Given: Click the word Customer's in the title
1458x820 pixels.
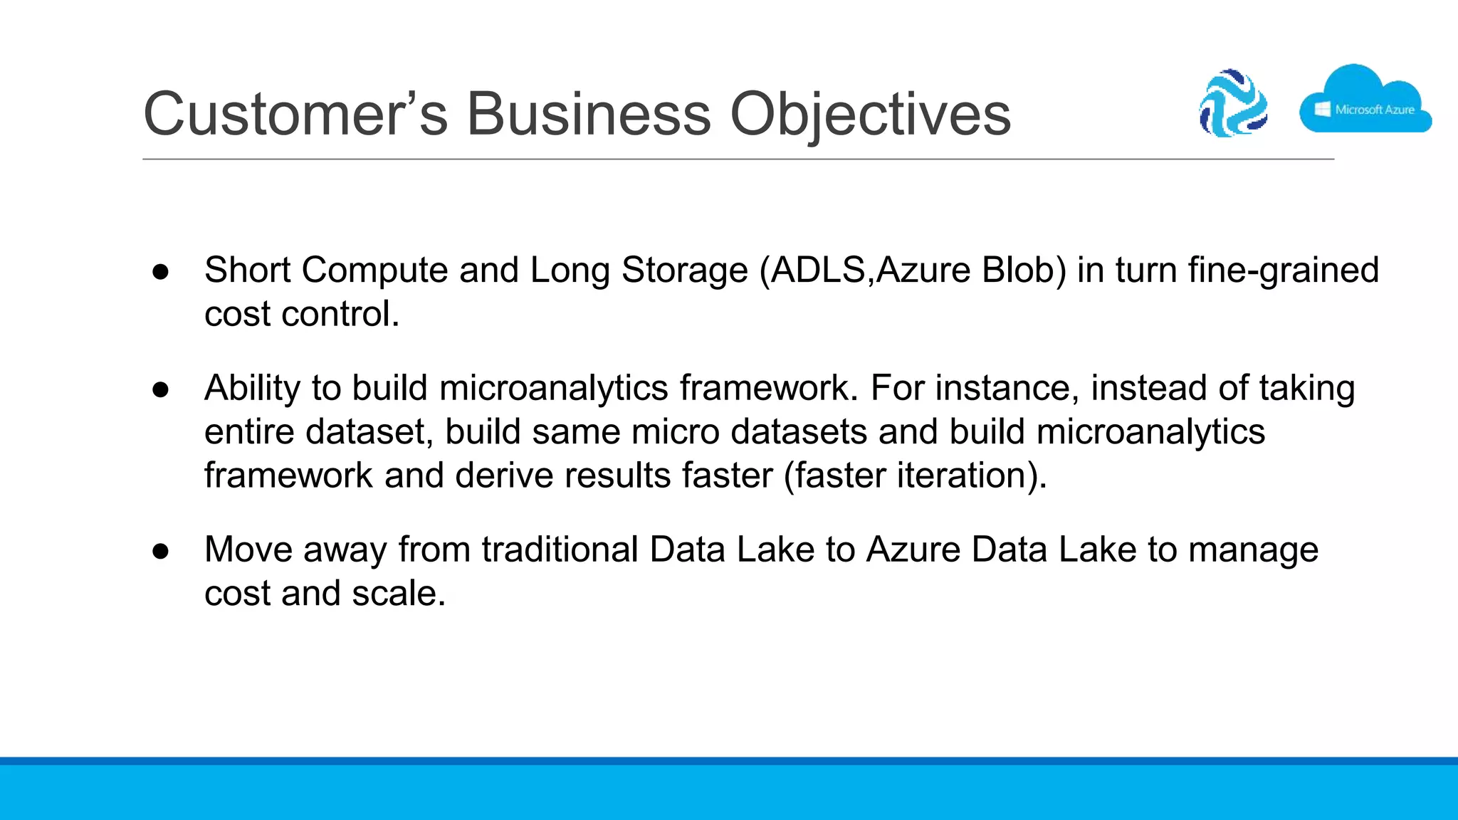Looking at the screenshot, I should [295, 114].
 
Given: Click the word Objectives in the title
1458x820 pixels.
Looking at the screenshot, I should [870, 114].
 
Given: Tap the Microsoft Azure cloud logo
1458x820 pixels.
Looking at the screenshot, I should [1364, 103].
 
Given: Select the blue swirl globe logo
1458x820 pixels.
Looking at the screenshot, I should [1233, 103].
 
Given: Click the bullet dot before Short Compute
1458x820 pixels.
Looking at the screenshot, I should [161, 271].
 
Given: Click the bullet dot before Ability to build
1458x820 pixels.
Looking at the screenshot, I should [161, 389].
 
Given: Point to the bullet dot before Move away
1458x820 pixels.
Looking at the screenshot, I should [161, 551].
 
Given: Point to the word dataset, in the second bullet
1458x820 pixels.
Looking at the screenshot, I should [369, 432].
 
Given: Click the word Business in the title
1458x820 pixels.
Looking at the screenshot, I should [588, 114].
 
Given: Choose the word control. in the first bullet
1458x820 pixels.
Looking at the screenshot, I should [341, 315].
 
